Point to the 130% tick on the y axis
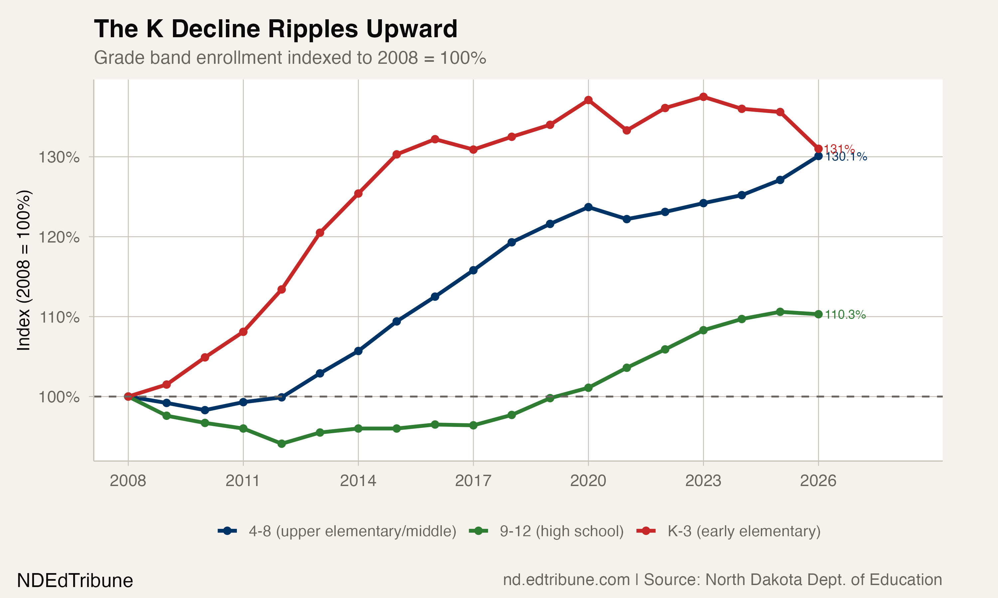point(59,157)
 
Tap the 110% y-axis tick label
point(59,317)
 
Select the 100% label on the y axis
point(59,397)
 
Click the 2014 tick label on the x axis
point(358,481)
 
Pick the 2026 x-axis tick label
point(818,481)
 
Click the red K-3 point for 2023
point(703,97)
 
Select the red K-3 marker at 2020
point(588,100)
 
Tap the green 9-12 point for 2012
point(281,444)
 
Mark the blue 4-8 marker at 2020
point(588,207)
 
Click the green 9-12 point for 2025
point(780,312)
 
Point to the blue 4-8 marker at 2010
point(205,410)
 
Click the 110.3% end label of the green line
point(845,315)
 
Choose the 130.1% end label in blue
point(846,157)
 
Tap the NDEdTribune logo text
point(75,581)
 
